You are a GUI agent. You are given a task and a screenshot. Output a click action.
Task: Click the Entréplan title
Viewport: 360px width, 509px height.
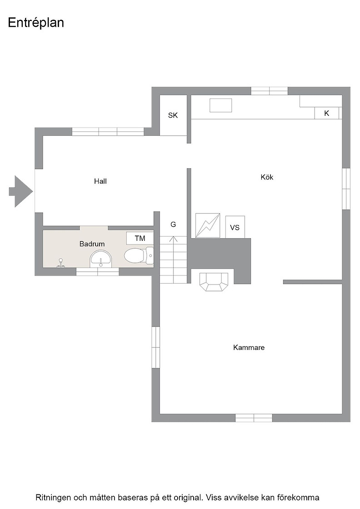click(36, 23)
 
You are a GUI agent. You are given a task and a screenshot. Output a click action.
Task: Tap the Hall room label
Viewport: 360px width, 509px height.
click(100, 181)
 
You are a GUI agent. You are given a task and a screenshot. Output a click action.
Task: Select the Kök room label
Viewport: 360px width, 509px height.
click(267, 177)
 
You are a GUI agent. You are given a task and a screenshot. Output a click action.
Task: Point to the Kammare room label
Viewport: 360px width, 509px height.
click(249, 347)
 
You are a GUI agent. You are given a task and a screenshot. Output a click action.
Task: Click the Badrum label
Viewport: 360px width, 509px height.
click(92, 244)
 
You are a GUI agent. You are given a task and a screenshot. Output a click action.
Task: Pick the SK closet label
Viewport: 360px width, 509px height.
click(173, 115)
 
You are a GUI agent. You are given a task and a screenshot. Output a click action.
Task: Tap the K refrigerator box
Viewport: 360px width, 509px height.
click(327, 113)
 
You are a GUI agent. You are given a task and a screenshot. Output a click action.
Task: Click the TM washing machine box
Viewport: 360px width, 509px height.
click(140, 238)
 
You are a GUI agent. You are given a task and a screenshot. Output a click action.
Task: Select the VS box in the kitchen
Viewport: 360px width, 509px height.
click(235, 227)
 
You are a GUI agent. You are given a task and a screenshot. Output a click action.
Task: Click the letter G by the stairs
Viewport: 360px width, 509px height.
click(173, 225)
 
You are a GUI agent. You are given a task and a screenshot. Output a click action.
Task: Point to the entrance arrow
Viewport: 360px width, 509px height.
click(21, 191)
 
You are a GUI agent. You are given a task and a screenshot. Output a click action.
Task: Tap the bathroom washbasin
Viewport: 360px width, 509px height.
click(101, 259)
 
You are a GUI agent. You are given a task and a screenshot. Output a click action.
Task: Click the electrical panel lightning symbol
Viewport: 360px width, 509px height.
click(207, 225)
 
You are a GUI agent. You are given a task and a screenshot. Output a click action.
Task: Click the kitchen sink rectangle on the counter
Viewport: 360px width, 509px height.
click(221, 105)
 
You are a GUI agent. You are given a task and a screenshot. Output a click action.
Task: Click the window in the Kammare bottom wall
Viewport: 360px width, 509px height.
click(254, 418)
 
